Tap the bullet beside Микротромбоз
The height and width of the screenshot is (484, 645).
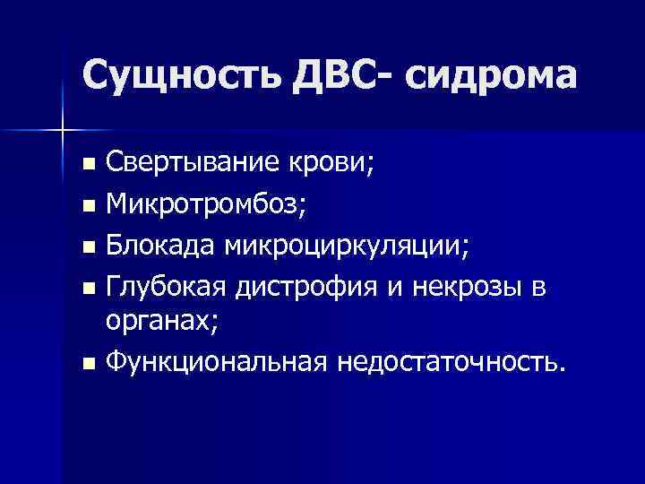coord(87,206)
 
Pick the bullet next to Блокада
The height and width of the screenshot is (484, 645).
coord(87,246)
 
